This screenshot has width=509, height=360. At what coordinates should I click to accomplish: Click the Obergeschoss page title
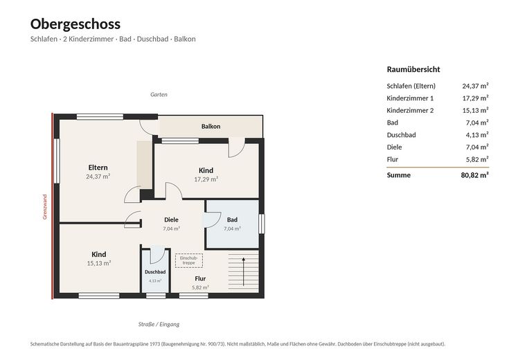click(75, 24)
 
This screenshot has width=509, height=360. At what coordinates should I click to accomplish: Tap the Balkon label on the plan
click(211, 126)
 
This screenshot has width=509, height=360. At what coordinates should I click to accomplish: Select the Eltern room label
click(98, 168)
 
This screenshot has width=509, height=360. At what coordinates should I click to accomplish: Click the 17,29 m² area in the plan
click(206, 179)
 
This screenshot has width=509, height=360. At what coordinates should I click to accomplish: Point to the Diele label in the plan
click(172, 219)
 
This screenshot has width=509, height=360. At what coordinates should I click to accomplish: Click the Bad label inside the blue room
click(232, 219)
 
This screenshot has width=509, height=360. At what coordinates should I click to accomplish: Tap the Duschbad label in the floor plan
click(155, 272)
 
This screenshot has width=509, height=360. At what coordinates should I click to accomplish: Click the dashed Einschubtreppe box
click(189, 260)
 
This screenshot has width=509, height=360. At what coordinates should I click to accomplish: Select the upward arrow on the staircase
click(244, 271)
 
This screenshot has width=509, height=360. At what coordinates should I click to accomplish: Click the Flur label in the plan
click(200, 278)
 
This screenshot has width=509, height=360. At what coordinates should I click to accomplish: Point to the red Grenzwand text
click(45, 207)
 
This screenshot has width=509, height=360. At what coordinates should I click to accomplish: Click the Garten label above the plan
click(159, 94)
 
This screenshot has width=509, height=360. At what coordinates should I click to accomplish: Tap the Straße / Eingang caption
click(159, 324)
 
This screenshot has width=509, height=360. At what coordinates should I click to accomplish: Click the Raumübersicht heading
click(413, 69)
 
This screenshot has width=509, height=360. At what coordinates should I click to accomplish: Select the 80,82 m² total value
click(474, 175)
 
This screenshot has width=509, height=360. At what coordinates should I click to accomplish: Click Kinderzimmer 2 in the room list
click(410, 110)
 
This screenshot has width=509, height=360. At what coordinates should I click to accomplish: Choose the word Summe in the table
click(399, 175)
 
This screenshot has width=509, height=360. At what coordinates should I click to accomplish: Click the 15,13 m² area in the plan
click(99, 263)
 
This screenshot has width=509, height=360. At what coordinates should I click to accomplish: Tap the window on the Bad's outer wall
click(262, 224)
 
